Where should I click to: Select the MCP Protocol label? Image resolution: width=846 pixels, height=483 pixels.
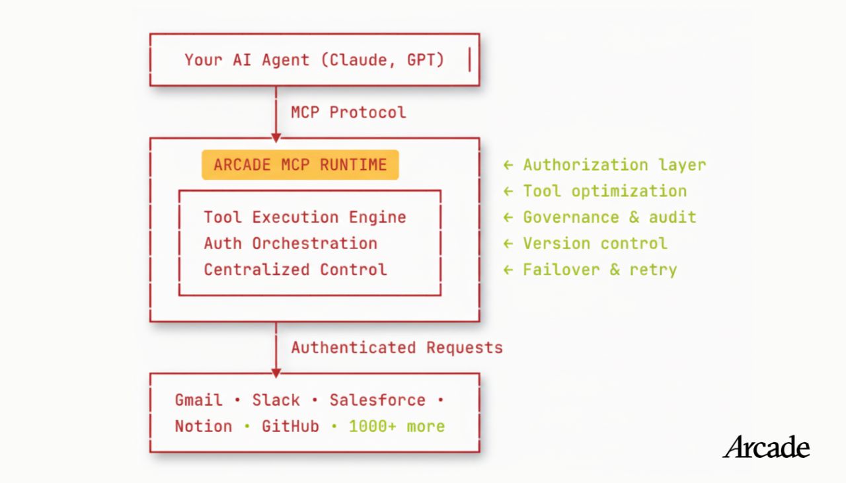click(348, 112)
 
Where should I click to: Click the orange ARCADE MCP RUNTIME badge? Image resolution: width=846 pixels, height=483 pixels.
click(300, 165)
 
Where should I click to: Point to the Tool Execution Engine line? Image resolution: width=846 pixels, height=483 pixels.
click(305, 217)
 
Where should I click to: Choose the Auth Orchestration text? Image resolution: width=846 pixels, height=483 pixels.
click(290, 243)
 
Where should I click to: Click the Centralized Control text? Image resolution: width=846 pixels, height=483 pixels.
click(295, 270)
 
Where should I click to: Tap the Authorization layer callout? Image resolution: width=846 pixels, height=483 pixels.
click(605, 165)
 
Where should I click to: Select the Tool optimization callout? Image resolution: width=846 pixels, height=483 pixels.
click(596, 191)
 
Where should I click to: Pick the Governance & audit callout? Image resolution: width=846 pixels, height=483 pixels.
click(599, 217)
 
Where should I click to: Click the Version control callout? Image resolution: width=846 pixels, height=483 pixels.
click(586, 243)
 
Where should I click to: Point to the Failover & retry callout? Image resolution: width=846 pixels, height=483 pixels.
click(590, 270)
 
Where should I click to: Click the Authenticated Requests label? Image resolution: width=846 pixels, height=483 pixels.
click(397, 348)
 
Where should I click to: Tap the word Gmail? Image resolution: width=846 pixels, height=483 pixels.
click(199, 400)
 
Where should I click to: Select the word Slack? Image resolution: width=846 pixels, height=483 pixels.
click(276, 400)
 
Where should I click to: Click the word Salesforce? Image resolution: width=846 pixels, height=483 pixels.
click(377, 400)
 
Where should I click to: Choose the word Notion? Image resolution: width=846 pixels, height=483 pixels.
click(203, 426)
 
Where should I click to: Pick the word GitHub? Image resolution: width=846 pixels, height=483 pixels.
click(290, 426)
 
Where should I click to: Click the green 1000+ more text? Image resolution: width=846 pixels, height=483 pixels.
click(397, 426)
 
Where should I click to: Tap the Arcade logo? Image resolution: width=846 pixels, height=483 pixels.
click(766, 447)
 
